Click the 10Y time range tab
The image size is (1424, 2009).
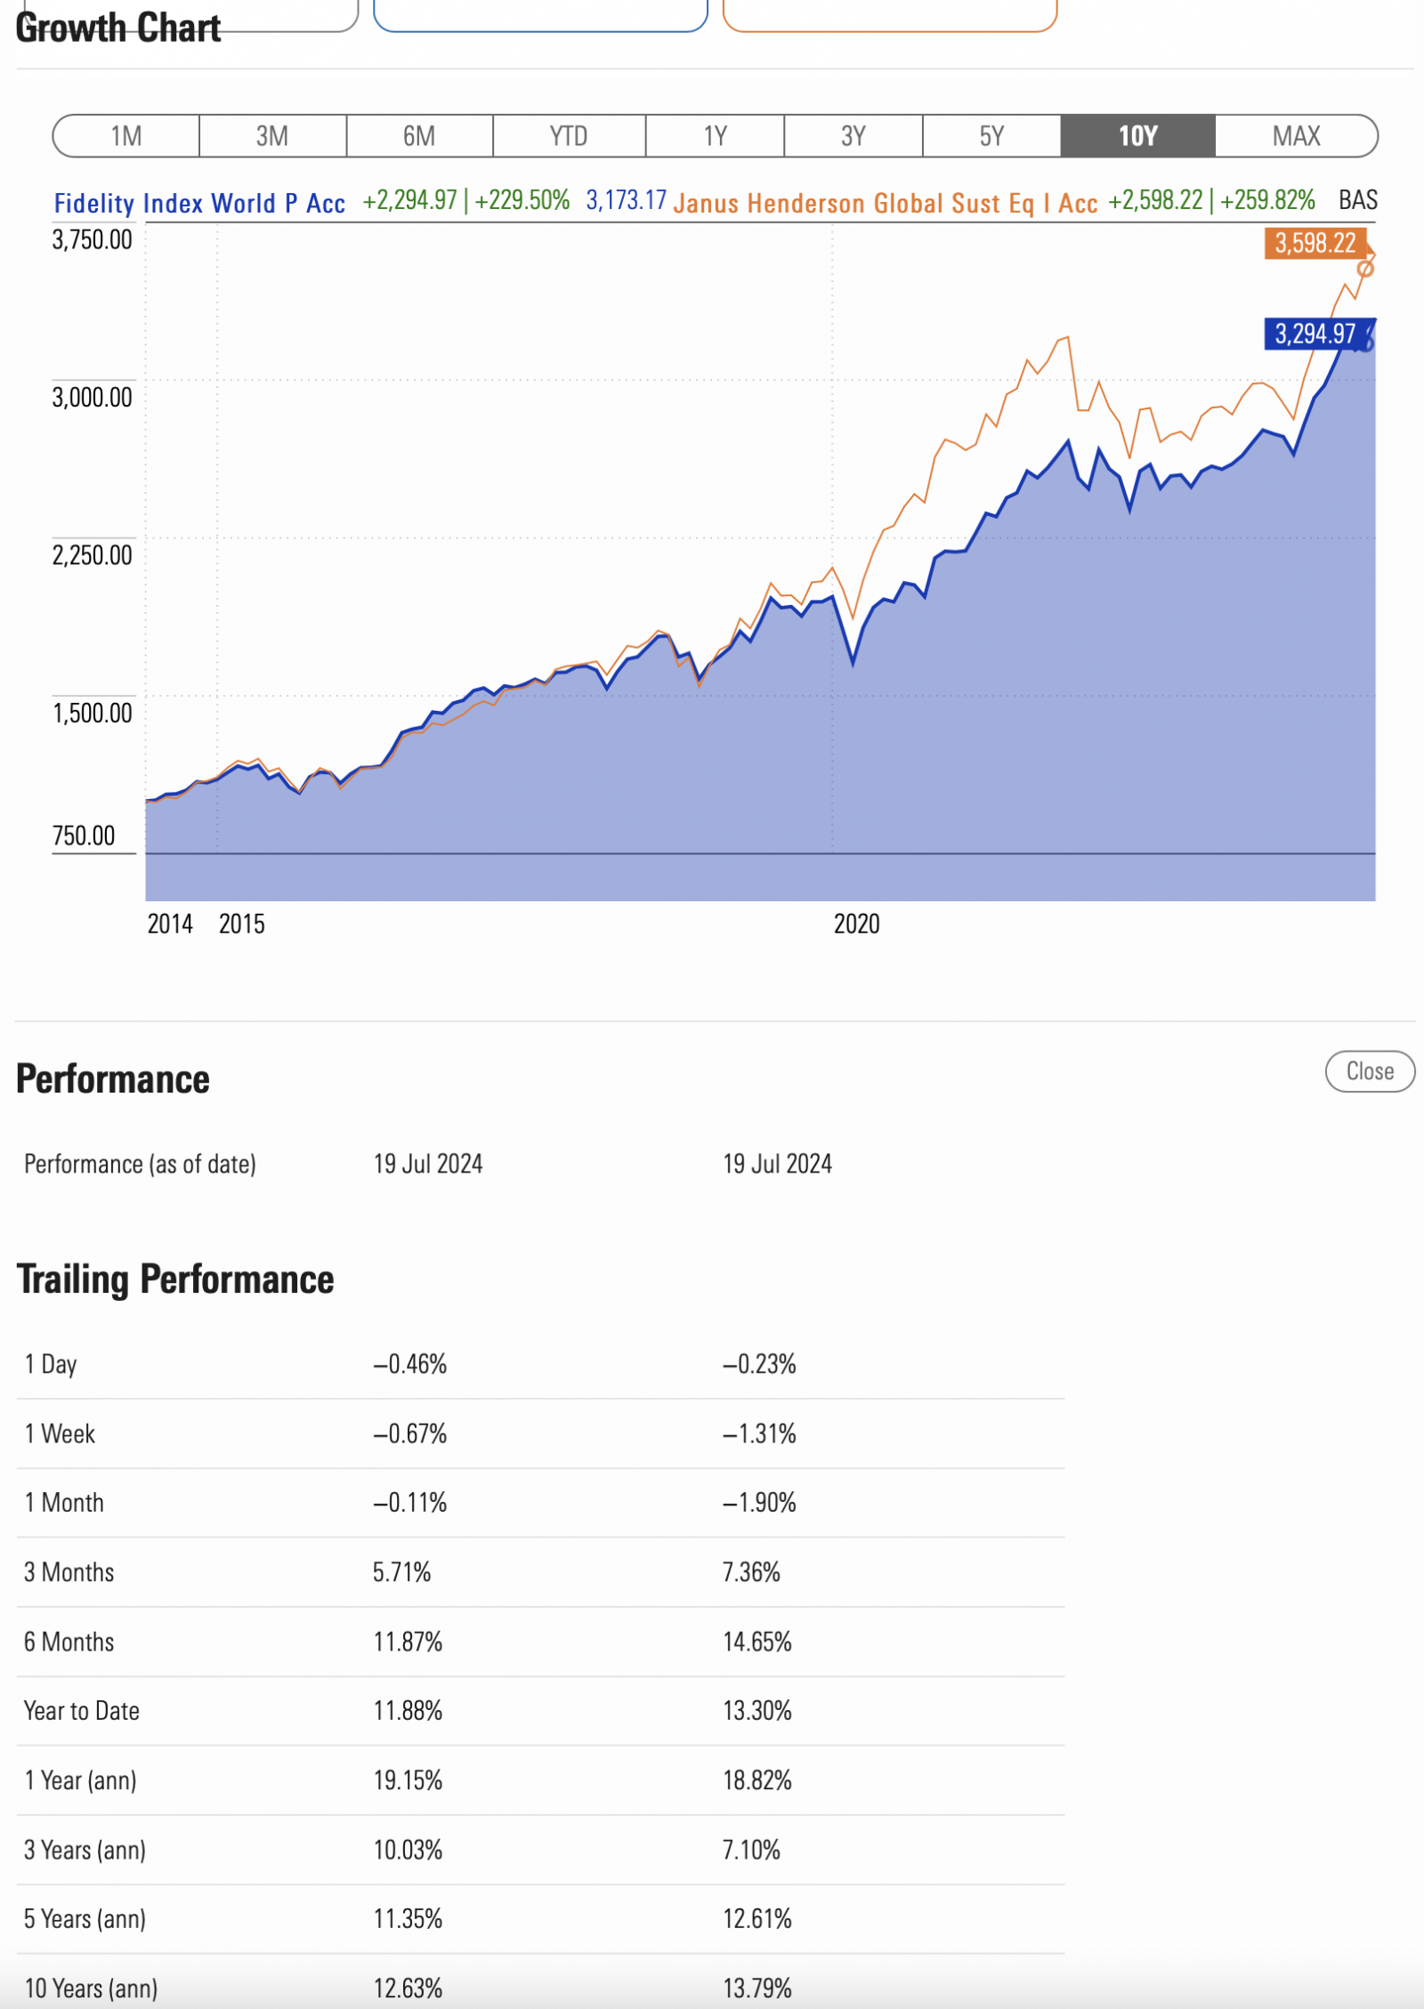click(x=1137, y=136)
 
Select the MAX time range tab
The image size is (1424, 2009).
click(x=1296, y=136)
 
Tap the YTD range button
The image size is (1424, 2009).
click(x=568, y=136)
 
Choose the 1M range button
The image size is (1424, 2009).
click(x=126, y=136)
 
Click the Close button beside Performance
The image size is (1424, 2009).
click(x=1369, y=1071)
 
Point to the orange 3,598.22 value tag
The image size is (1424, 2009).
click(x=1315, y=243)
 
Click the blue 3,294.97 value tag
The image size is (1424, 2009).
click(x=1315, y=335)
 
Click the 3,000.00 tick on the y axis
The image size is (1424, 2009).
click(x=92, y=397)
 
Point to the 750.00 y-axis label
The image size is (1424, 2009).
click(x=84, y=835)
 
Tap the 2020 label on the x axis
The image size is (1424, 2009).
click(x=856, y=924)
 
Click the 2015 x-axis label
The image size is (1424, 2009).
click(x=242, y=924)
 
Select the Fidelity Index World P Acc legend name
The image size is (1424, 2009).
click(x=199, y=204)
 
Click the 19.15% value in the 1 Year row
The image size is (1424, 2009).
click(x=408, y=1780)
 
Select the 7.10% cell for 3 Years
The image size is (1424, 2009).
click(x=751, y=1850)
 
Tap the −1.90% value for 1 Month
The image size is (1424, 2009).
click(x=759, y=1503)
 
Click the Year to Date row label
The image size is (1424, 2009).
click(x=82, y=1711)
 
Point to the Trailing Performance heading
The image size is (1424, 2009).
click(x=175, y=1279)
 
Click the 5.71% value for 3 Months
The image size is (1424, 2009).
click(x=401, y=1572)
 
